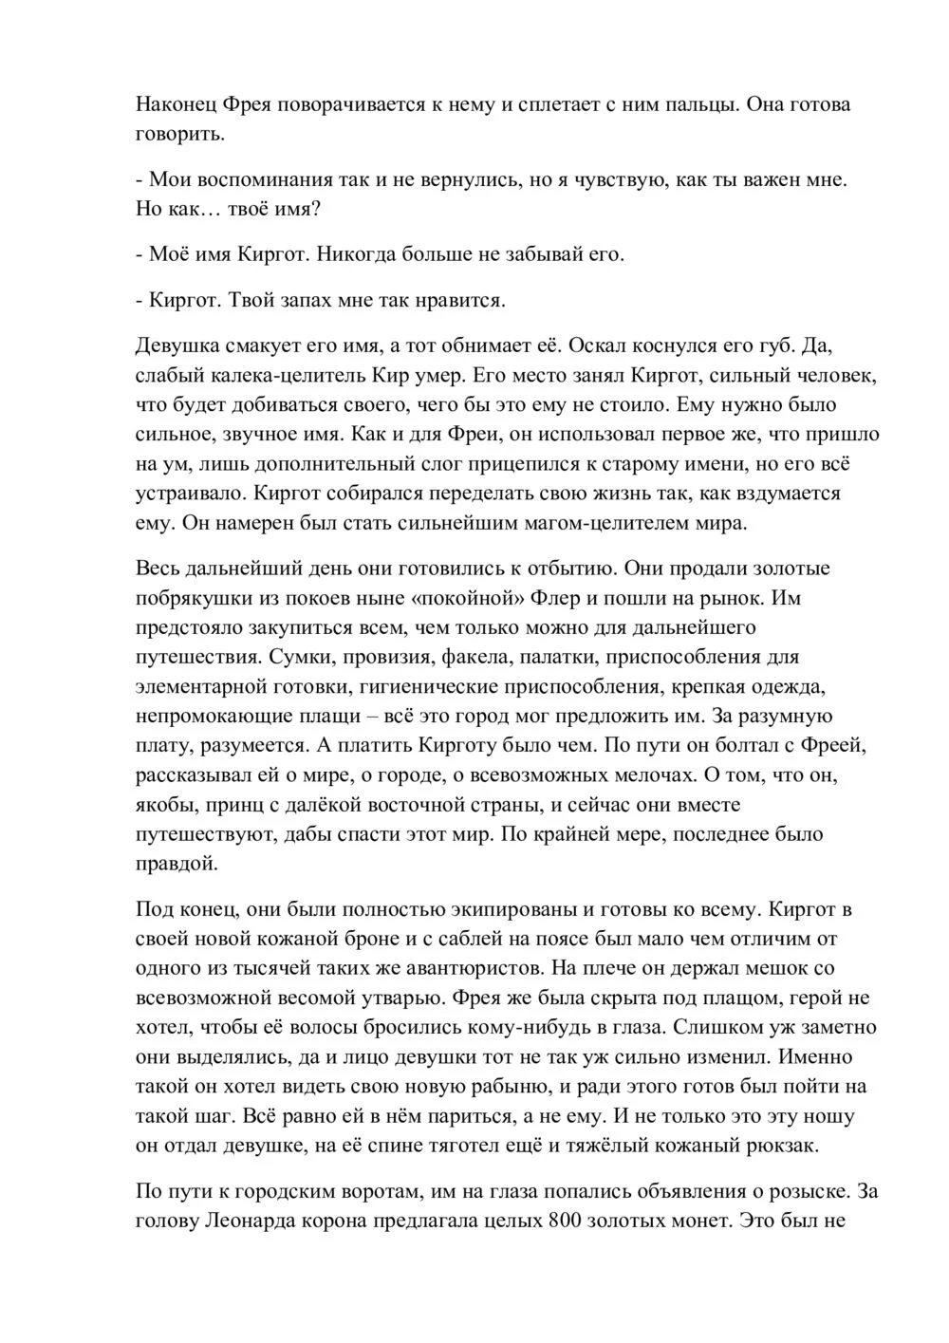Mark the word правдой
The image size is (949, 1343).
pyautogui.click(x=177, y=864)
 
